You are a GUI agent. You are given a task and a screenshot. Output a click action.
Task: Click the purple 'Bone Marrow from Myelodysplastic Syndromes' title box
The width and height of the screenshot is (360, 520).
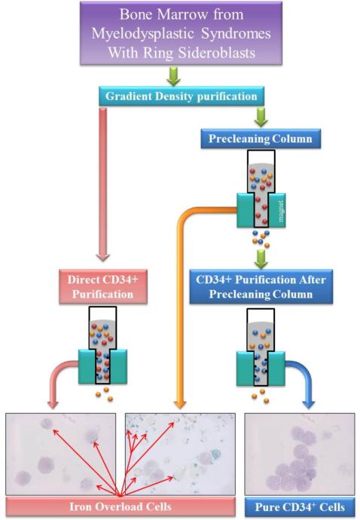tap(181, 32)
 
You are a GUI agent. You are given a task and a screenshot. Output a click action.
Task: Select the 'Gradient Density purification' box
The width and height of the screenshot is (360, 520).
tap(182, 96)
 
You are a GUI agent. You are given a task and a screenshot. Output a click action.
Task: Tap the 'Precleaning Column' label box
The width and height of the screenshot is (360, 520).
tap(261, 139)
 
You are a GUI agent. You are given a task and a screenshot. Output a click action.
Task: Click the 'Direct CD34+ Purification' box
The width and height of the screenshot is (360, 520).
tap(103, 287)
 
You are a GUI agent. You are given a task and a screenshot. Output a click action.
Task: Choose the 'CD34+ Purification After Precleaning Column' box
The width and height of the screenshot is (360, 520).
tap(261, 287)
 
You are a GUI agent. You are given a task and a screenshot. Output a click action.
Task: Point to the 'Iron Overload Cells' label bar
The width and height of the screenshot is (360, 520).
tap(121, 506)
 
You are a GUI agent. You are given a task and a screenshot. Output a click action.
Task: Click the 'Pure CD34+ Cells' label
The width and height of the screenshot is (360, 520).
tap(300, 507)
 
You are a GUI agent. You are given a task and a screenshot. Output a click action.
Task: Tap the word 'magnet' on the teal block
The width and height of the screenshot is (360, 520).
tap(282, 211)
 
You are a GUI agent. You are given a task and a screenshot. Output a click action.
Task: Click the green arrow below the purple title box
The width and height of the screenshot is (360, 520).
tap(173, 76)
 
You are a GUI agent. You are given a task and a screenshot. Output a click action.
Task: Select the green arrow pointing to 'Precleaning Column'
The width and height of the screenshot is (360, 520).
tap(261, 117)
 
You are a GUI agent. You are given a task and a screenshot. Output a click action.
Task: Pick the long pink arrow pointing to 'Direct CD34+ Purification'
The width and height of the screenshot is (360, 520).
tap(102, 184)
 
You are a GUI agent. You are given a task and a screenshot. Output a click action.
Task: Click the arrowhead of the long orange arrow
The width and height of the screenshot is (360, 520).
tap(180, 404)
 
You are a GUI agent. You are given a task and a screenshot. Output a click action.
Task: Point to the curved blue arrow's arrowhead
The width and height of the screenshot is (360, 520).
tap(309, 404)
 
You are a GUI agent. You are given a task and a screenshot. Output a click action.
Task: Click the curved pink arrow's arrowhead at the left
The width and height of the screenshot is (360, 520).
tap(53, 404)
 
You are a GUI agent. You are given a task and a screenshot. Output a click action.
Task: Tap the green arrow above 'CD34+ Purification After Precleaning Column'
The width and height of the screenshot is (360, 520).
tap(261, 259)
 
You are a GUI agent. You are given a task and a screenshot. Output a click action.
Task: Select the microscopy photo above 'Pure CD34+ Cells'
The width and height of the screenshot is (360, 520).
tap(300, 454)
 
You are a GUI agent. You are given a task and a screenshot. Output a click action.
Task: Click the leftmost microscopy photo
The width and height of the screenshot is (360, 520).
tap(61, 454)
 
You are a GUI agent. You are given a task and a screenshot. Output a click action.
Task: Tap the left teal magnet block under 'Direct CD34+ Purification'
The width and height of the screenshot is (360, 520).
tap(87, 366)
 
